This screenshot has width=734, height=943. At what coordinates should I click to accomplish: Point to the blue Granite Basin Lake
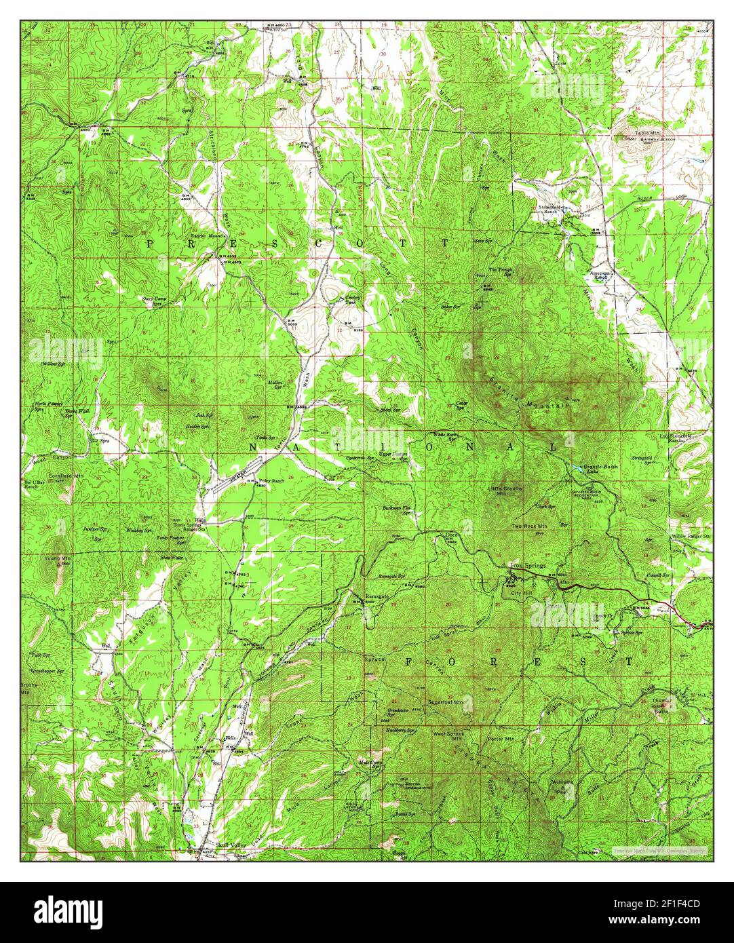pos(576,469)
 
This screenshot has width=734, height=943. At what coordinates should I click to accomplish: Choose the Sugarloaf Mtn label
pos(444,703)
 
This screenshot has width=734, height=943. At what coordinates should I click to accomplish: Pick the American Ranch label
pos(600,275)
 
